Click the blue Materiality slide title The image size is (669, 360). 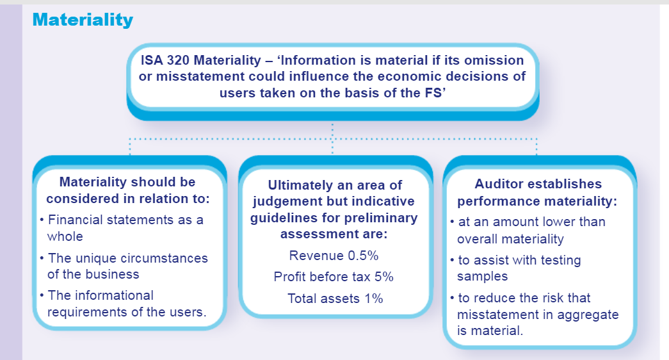point(83,20)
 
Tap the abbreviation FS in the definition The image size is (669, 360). point(433,93)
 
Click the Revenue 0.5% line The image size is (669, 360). point(334,256)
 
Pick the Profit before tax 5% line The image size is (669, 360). point(334,277)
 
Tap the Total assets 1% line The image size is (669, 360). point(335,298)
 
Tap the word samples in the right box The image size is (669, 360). point(482,277)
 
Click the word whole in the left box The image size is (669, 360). point(65,236)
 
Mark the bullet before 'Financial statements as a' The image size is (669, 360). point(42,220)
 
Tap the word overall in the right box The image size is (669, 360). point(476,239)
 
